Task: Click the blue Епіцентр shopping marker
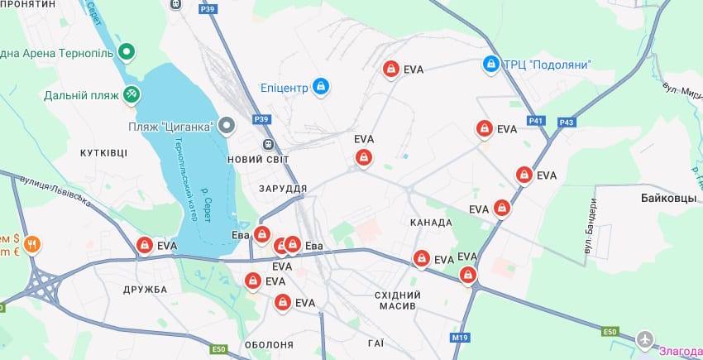tap(322, 86)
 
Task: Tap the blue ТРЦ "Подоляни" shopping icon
tap(491, 65)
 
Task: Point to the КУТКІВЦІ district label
tap(104, 153)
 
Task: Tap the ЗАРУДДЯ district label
tap(282, 189)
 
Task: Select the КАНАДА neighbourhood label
tap(431, 223)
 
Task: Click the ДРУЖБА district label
tap(145, 290)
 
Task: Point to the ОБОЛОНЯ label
tap(269, 344)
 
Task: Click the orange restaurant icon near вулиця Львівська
tap(31, 244)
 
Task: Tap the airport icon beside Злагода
tap(645, 340)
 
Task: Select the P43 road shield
tap(567, 122)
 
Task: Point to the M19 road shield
tap(460, 338)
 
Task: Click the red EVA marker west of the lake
tap(145, 246)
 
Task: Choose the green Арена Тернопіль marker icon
tap(127, 53)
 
